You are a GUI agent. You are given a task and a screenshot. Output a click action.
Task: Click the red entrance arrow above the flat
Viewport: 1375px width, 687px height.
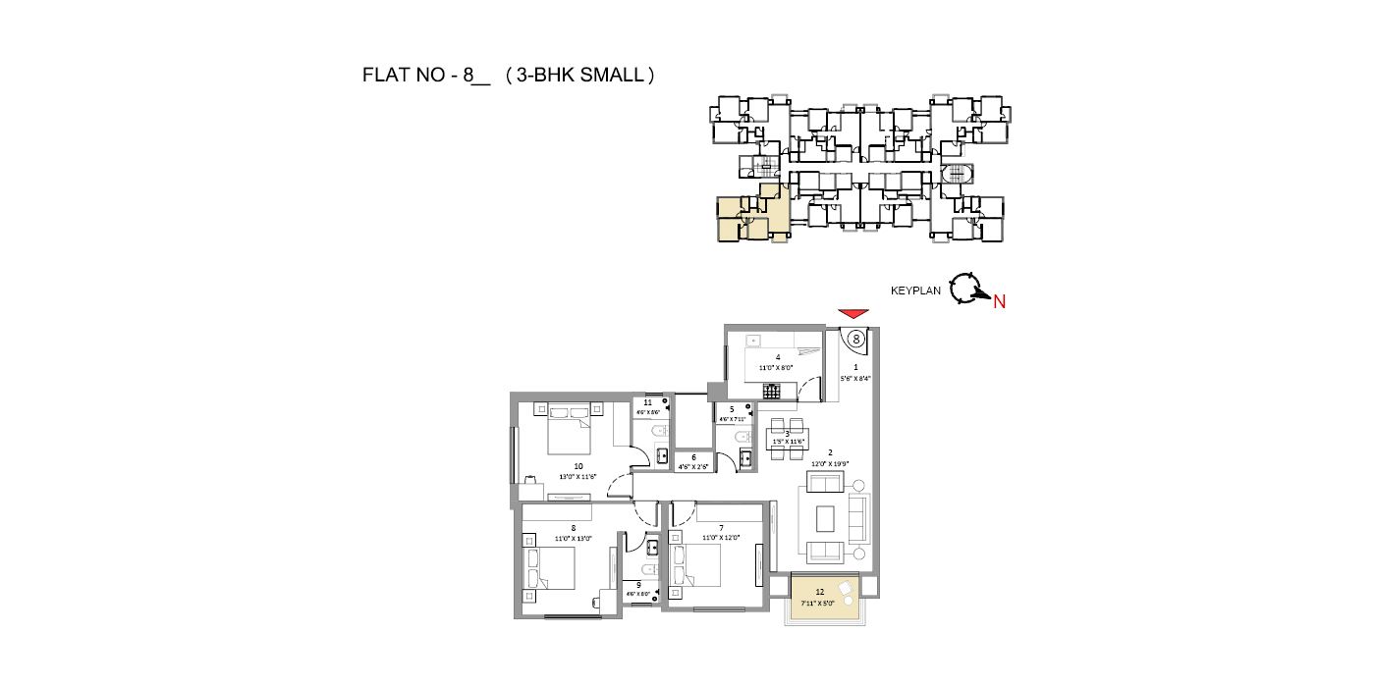point(854,313)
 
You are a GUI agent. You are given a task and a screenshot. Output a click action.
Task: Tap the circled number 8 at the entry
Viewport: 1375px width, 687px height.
point(856,339)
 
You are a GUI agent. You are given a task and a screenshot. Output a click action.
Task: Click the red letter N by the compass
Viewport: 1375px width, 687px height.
point(999,302)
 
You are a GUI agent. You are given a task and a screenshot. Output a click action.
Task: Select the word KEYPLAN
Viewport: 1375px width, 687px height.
point(915,291)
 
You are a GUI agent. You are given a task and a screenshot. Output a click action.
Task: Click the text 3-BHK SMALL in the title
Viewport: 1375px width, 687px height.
point(578,75)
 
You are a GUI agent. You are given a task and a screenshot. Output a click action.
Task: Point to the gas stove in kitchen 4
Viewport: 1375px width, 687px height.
point(772,392)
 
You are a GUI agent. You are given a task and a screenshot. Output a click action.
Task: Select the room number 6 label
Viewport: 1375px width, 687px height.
point(693,457)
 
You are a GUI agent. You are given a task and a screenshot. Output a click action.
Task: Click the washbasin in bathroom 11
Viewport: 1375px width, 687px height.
point(661,454)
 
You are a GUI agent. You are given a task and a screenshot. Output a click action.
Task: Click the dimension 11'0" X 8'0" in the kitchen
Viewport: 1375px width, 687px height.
point(777,368)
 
